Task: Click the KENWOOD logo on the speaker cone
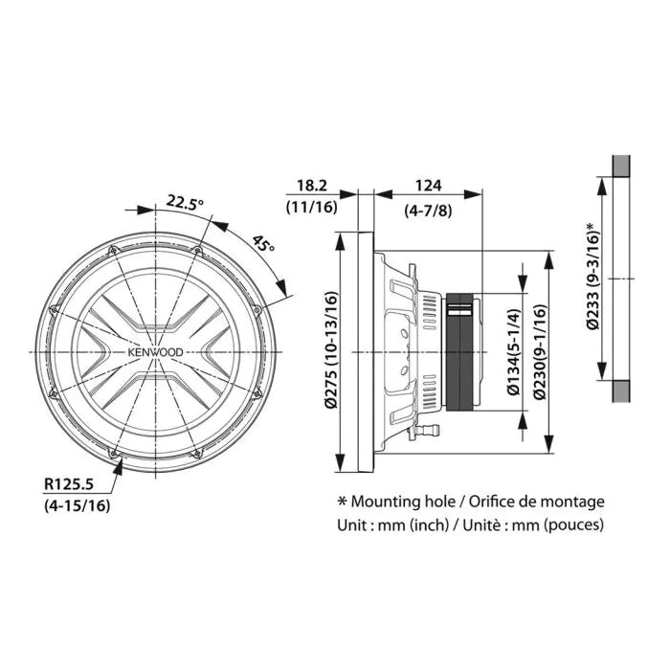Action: point(155,352)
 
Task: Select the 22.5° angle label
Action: point(185,201)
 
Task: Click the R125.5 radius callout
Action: point(69,484)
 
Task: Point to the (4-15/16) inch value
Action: point(77,505)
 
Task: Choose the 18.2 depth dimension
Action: point(312,186)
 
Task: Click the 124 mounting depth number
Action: point(428,186)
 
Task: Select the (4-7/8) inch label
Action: point(428,211)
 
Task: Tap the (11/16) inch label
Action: point(312,208)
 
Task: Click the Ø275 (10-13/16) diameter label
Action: point(331,349)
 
